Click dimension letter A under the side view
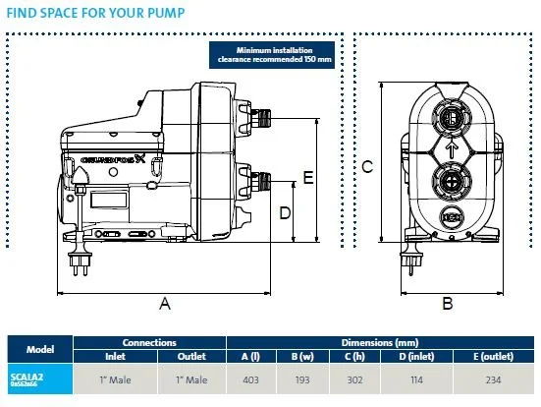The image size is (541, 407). click(x=165, y=305)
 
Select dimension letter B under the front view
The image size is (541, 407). click(x=448, y=305)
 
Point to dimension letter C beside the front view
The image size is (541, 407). click(x=366, y=167)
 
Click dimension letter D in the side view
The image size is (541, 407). click(x=285, y=212)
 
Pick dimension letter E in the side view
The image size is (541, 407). click(x=307, y=178)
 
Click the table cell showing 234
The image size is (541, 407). click(x=499, y=378)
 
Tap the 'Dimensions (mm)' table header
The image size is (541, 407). click(x=383, y=342)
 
